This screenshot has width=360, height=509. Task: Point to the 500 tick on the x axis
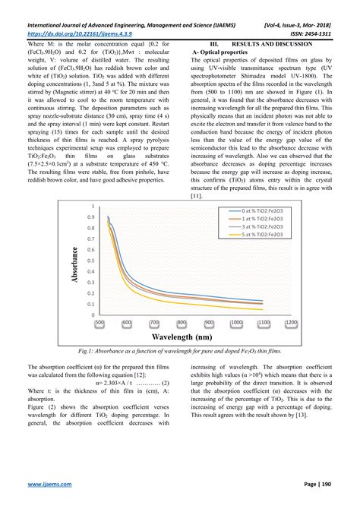pos(99,322)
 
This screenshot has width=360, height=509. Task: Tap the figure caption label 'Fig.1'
pos(86,352)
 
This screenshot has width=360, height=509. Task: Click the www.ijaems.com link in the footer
pos(50,483)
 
